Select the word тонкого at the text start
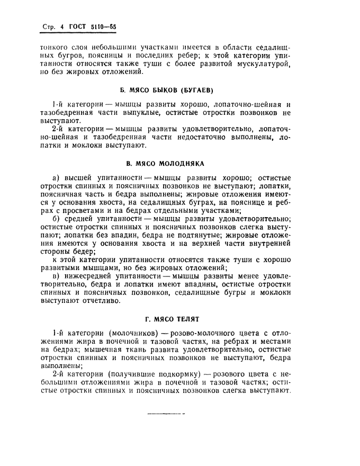(55, 47)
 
